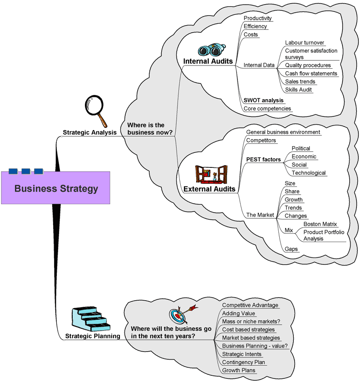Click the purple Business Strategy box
pos(55,187)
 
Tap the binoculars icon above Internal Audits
pos(211,50)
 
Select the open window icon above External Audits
pos(211,174)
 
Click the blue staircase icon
pos(90,318)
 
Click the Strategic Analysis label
pos(89,133)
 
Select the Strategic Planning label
pos(93,336)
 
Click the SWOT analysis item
pos(263,100)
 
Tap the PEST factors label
pos(263,160)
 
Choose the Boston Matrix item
pos(321,224)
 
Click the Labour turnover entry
pos(305,43)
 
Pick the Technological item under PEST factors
pos(309,173)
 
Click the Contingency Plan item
pos(243,362)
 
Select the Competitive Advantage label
pos(250,305)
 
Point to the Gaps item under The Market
pos(291,249)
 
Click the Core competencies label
pos(267,108)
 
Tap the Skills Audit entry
pos(299,90)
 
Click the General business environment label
pos(283,132)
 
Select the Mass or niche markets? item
pos(251,321)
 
